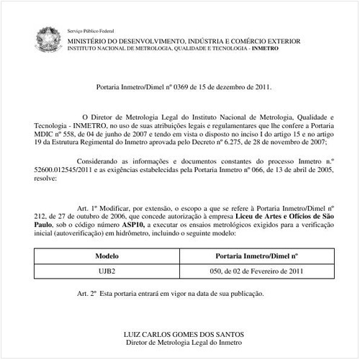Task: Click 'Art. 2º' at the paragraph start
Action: (89, 294)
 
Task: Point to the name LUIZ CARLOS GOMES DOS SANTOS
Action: (184, 334)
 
